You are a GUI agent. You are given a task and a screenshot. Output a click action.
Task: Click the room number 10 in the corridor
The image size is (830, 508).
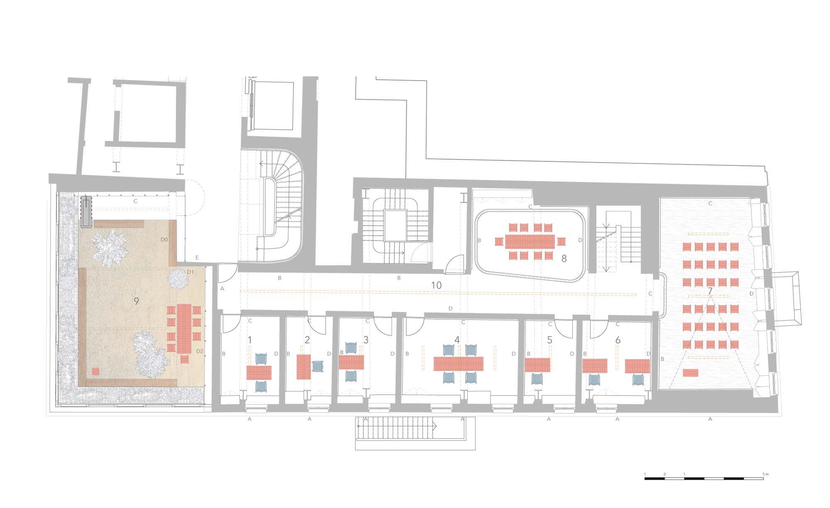click(436, 285)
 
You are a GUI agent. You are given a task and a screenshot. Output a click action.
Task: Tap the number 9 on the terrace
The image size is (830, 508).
click(136, 301)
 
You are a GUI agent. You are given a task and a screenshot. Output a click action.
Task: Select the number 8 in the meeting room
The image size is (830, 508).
click(564, 258)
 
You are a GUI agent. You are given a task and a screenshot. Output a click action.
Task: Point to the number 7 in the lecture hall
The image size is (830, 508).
click(710, 291)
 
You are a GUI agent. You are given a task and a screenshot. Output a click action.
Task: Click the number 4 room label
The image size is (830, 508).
click(457, 340)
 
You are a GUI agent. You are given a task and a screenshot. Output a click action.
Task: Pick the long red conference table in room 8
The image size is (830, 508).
click(530, 241)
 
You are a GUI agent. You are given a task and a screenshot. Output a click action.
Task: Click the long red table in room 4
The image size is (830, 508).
click(459, 364)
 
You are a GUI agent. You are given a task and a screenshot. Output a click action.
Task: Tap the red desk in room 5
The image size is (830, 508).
click(537, 365)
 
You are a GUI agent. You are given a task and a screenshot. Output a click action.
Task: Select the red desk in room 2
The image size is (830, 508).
click(304, 367)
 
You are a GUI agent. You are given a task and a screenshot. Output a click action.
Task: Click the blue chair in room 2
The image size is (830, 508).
click(317, 367)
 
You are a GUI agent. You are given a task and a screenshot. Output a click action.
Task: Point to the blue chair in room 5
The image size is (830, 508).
click(537, 379)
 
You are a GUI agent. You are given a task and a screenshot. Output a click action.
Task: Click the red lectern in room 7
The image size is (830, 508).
click(690, 373)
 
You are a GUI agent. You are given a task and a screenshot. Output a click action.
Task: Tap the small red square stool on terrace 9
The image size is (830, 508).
click(96, 372)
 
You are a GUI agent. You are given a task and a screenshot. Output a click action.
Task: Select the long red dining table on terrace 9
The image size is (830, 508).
click(184, 329)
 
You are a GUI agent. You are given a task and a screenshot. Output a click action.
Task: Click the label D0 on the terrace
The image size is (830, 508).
click(164, 240)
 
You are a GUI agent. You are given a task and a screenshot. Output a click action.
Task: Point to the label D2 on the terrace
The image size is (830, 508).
click(200, 351)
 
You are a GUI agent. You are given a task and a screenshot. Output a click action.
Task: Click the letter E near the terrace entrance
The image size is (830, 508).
click(197, 258)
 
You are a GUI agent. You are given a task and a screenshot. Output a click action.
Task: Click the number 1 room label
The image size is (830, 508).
click(250, 340)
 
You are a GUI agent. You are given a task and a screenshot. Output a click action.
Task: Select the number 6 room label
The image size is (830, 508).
click(618, 340)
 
